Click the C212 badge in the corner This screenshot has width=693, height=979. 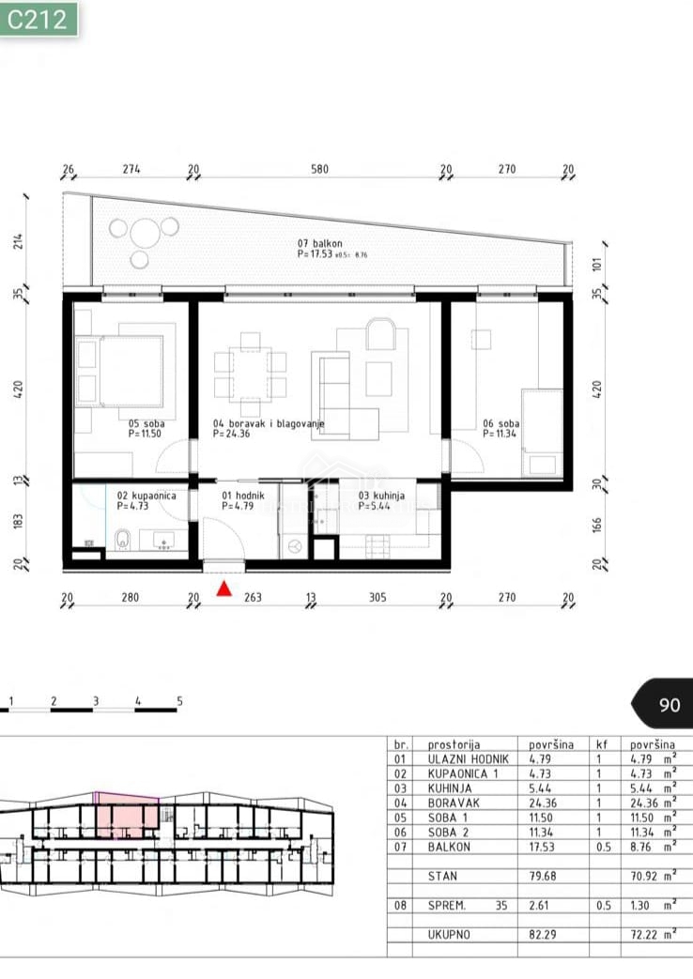click(x=38, y=19)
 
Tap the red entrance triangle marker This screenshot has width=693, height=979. click(x=224, y=589)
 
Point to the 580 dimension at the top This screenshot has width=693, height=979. click(x=320, y=170)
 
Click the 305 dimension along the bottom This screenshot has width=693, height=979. click(x=377, y=598)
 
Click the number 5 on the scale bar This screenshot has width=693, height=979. click(x=179, y=701)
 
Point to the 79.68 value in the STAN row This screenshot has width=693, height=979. click(x=547, y=878)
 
